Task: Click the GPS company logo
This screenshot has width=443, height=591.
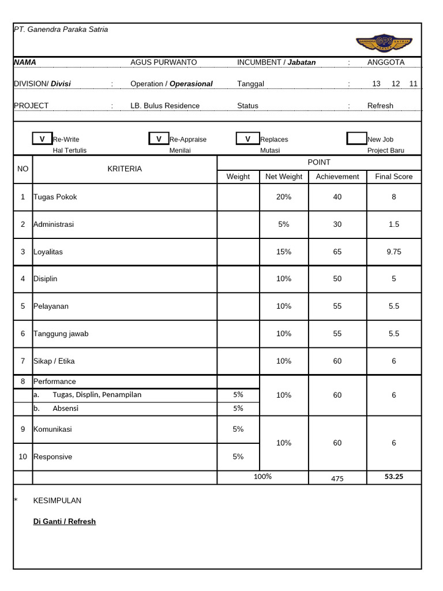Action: point(384,42)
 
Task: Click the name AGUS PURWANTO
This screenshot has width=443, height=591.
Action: point(163,62)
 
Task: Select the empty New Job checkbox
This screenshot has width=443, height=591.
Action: point(356,139)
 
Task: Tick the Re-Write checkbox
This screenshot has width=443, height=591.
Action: point(42,139)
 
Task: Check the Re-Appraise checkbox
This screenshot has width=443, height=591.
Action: point(159,139)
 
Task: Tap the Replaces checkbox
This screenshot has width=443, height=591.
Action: point(247,139)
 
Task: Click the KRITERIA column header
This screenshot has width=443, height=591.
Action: point(125,169)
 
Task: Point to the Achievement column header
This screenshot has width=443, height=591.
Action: point(337,177)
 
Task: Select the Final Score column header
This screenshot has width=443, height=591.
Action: point(393,177)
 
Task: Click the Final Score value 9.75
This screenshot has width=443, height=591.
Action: point(393,252)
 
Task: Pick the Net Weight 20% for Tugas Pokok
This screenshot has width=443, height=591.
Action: point(283,197)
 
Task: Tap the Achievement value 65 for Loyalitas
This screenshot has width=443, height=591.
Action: point(337,252)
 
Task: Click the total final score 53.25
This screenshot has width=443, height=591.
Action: point(393,477)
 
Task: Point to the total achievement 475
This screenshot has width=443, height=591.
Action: point(337,478)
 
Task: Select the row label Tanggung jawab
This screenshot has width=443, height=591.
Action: point(61,334)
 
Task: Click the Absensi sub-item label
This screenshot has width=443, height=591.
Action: point(65,409)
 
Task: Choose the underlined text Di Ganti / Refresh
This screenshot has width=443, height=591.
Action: point(65,522)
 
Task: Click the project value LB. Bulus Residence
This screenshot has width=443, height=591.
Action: point(165,106)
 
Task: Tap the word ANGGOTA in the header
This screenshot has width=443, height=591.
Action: point(386,62)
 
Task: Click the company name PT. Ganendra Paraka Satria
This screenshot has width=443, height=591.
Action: point(61,29)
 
